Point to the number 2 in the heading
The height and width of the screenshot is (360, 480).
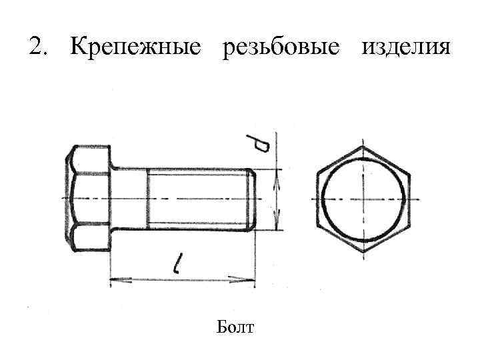(36, 47)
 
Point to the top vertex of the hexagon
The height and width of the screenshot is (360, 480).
(363, 145)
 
